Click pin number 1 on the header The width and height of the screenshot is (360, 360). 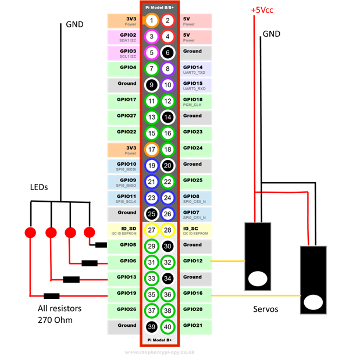click(x=151, y=21)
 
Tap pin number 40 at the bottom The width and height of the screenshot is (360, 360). click(x=167, y=327)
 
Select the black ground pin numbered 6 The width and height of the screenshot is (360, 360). click(x=167, y=53)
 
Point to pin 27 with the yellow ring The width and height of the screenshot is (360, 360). click(x=151, y=230)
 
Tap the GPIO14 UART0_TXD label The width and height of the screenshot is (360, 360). click(x=195, y=69)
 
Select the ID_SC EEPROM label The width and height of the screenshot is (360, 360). click(x=195, y=230)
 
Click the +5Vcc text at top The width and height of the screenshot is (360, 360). click(x=262, y=10)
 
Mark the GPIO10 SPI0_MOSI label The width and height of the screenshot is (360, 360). click(x=123, y=166)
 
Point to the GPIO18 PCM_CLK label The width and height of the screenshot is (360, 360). click(x=195, y=101)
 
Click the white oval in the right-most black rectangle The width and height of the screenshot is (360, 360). click(x=313, y=302)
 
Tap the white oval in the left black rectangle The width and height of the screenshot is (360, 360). click(x=257, y=279)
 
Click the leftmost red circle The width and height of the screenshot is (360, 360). click(x=30, y=233)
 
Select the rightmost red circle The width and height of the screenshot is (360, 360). click(x=89, y=233)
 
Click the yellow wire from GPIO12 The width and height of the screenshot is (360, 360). click(x=227, y=262)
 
